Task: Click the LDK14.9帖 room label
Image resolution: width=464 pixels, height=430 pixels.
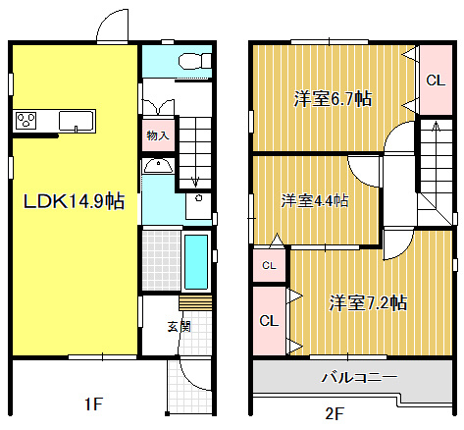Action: click(x=74, y=201)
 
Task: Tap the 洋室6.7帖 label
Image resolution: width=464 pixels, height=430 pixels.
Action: click(x=334, y=98)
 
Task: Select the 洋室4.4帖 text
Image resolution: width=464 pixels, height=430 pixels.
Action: click(x=315, y=201)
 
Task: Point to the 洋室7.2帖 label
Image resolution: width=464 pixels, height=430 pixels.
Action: click(x=368, y=302)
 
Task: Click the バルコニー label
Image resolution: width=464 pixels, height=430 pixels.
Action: click(x=359, y=377)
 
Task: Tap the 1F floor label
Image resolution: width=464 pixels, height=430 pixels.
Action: click(x=92, y=403)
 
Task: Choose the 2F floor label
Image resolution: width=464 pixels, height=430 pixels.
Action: click(x=336, y=413)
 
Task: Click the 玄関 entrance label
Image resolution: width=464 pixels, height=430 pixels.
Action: click(x=179, y=326)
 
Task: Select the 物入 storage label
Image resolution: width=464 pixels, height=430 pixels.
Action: click(x=157, y=135)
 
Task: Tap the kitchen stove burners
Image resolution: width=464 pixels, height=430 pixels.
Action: click(x=26, y=121)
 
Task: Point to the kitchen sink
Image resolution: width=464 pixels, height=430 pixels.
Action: click(x=76, y=121)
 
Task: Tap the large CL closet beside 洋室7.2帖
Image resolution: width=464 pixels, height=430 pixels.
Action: click(x=267, y=320)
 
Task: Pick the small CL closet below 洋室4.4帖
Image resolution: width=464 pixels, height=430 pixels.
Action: click(x=268, y=265)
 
